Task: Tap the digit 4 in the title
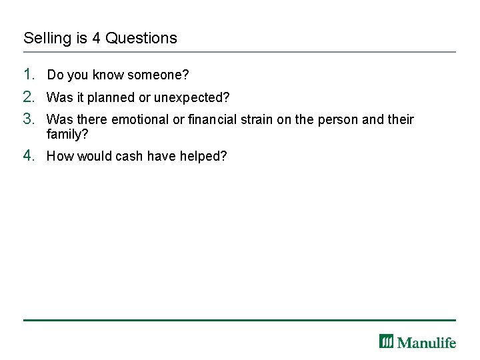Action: click(x=96, y=38)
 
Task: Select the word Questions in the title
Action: click(x=141, y=38)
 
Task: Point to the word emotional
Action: click(x=140, y=120)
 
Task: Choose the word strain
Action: click(x=258, y=120)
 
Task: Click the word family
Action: click(x=65, y=134)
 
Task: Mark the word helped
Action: click(x=203, y=156)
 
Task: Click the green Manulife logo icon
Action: click(x=387, y=341)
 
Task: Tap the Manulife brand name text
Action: click(x=427, y=343)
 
